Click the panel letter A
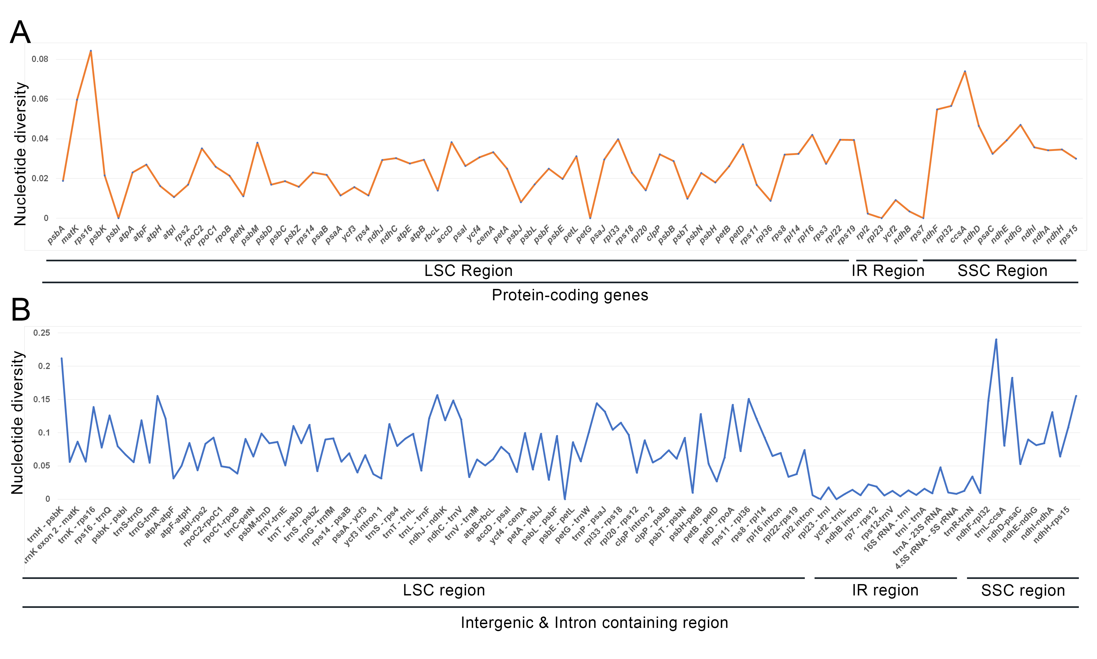point(21,33)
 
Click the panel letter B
point(21,309)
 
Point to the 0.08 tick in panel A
point(40,59)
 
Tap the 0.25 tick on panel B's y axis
point(42,332)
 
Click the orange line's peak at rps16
point(91,51)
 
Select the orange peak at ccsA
point(965,71)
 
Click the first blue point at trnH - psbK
point(61,358)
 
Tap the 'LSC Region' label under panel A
point(468,271)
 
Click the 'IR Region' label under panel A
point(888,271)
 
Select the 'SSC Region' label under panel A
point(1002,271)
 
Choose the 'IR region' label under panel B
point(885,590)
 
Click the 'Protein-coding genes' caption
point(570,295)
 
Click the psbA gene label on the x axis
point(56,235)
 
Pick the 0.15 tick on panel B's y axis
point(42,399)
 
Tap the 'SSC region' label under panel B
point(1023,590)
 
